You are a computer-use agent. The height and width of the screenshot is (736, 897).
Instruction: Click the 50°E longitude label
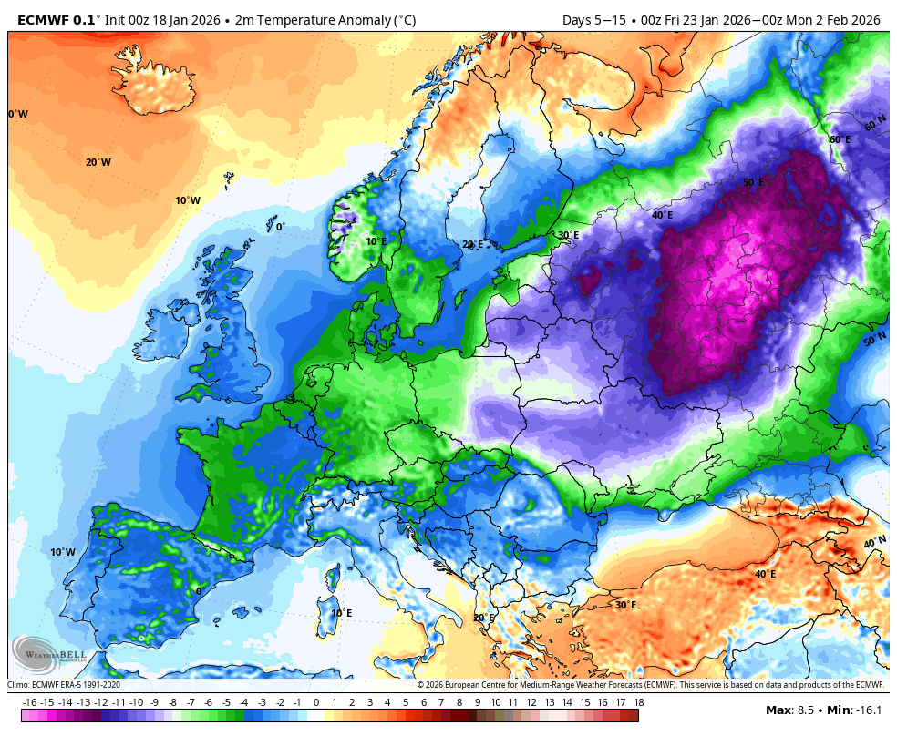coord(753,183)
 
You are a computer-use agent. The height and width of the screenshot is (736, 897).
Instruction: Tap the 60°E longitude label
coord(840,139)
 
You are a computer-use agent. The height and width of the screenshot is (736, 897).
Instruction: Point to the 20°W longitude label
coord(98,162)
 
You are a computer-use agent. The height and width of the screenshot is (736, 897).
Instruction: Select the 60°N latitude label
coord(875,123)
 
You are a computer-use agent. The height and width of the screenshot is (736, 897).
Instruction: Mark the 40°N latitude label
coord(875,542)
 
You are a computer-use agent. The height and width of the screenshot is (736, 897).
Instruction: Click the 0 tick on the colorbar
coord(316,702)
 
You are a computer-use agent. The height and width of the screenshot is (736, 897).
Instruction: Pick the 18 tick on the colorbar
coord(638,702)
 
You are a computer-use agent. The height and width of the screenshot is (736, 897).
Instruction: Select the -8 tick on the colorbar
coord(173,702)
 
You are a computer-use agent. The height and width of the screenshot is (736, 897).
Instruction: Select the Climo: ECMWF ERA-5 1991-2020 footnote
coord(64,685)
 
